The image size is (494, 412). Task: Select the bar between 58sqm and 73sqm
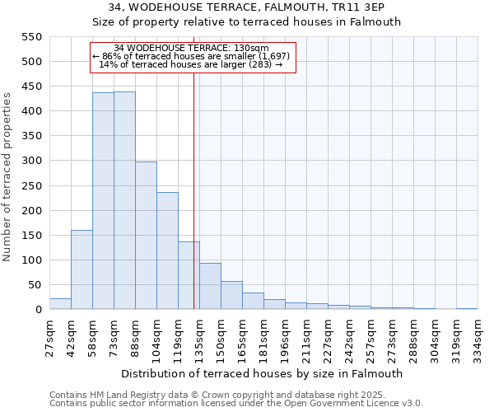[103, 201]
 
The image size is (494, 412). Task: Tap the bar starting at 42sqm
[82, 269]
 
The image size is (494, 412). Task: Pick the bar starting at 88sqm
[146, 236]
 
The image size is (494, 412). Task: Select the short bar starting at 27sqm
[60, 304]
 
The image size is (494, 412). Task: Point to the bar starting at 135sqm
[210, 286]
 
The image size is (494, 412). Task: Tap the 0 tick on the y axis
[37, 310]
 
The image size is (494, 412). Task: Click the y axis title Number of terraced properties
[7, 177]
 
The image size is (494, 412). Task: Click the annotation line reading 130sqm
[192, 48]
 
